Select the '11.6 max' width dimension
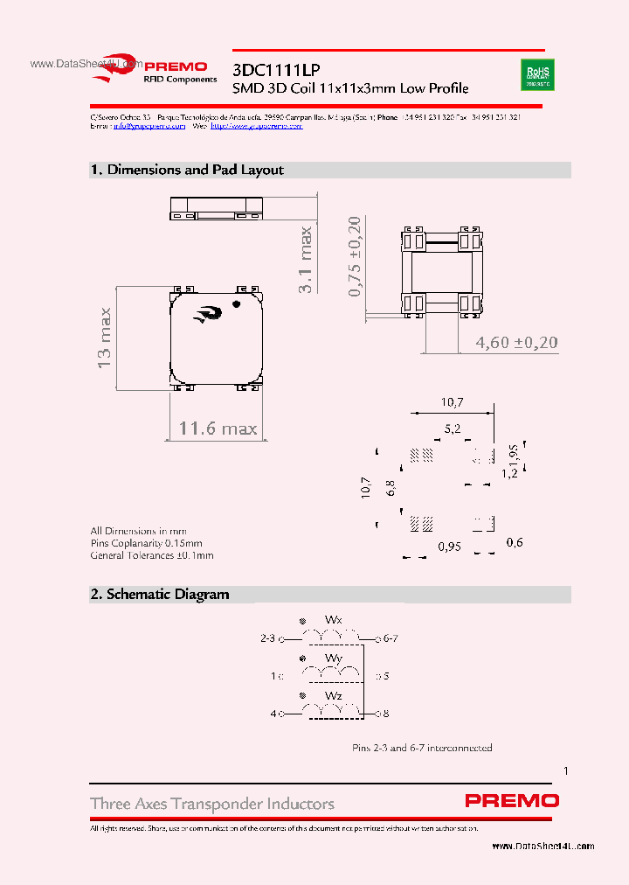tap(218, 428)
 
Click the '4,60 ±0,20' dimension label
tap(515, 342)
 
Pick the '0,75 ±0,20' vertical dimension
tap(355, 256)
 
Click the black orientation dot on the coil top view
tap(237, 304)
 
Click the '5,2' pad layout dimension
tap(453, 429)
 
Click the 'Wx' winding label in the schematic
tap(333, 619)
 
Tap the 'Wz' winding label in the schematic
tap(333, 695)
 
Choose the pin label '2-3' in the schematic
tap(267, 638)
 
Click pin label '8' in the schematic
tap(385, 714)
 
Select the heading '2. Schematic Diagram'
tap(160, 595)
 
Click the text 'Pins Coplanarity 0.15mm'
tap(138, 543)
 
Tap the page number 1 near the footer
tap(566, 770)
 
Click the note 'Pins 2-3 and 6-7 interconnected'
tap(422, 748)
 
